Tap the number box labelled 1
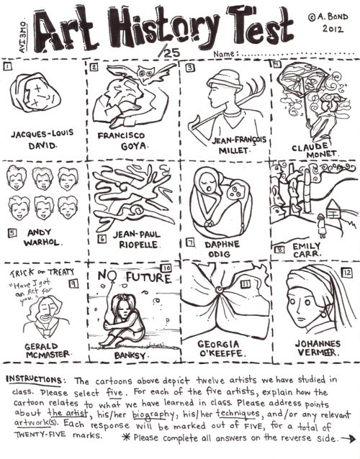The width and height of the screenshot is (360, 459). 8,68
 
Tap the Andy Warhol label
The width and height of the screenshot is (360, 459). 44,237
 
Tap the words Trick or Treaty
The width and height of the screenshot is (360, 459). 37,273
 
